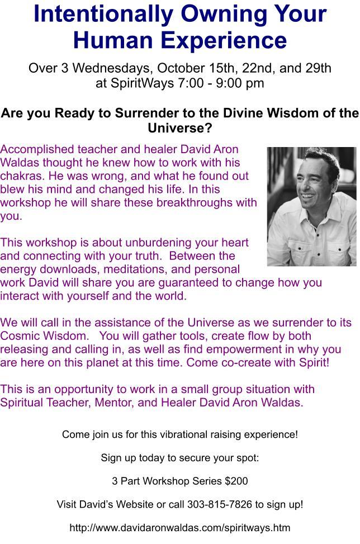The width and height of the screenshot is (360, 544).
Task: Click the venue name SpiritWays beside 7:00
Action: [x=142, y=83]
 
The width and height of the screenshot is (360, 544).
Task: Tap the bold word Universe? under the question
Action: [x=179, y=129]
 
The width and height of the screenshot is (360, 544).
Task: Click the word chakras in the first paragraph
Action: [x=21, y=176]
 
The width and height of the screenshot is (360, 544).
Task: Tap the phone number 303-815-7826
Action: [x=220, y=504]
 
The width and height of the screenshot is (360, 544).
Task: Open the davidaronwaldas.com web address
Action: [x=179, y=528]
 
